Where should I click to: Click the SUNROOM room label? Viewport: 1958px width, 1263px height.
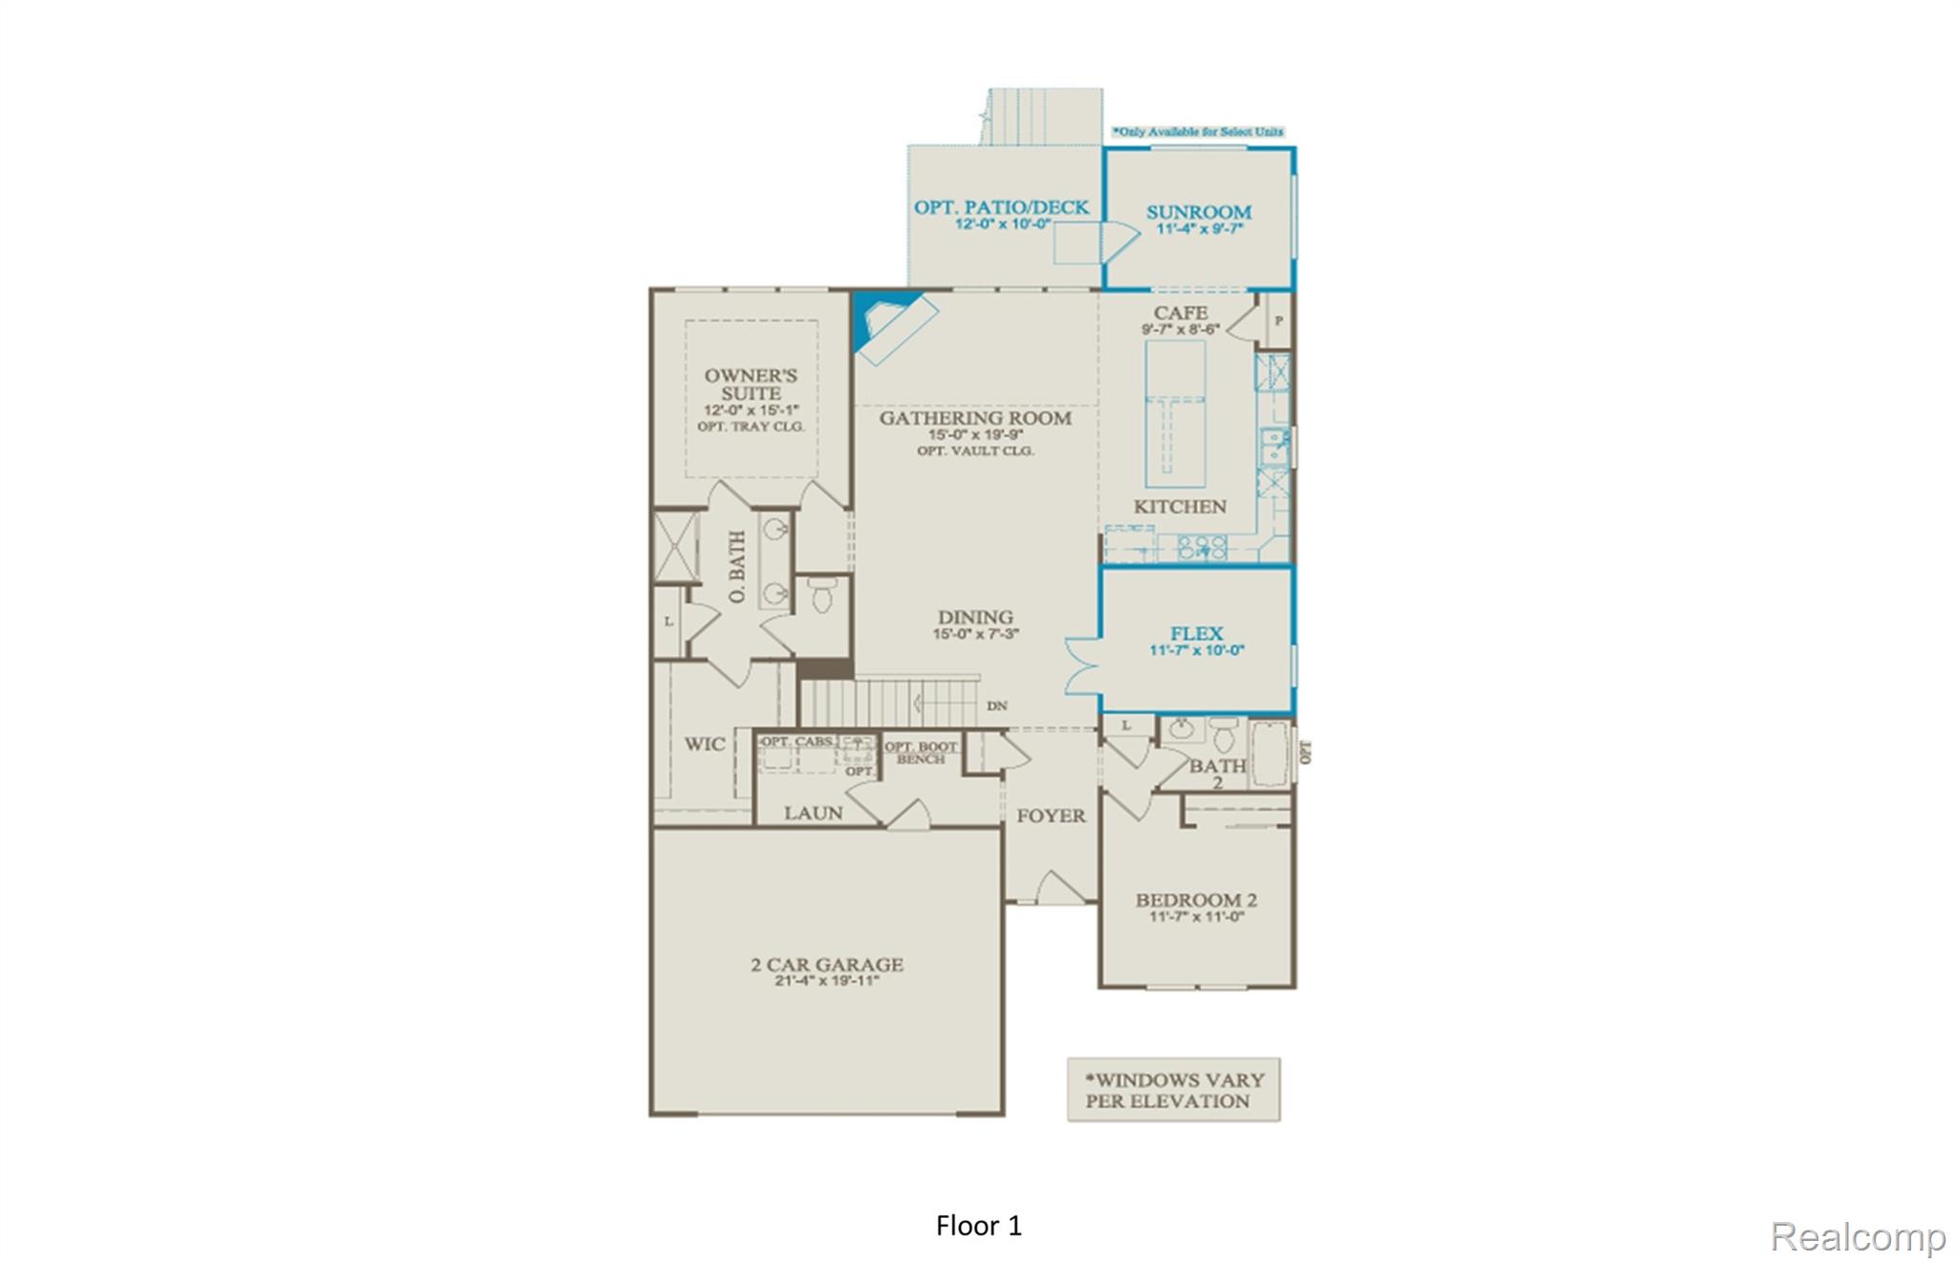(1198, 212)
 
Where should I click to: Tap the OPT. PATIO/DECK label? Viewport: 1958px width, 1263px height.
(1001, 207)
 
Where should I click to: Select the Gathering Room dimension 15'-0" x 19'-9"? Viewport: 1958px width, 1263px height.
(975, 435)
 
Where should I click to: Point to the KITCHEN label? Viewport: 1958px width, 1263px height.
(1179, 507)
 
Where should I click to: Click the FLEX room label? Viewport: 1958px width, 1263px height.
(1196, 634)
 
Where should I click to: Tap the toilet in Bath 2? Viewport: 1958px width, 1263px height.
(1225, 737)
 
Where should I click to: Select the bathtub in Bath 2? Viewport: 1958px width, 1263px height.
(1270, 754)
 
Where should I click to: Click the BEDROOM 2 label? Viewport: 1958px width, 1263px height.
(1196, 900)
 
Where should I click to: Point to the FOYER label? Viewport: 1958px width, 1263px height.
(1050, 816)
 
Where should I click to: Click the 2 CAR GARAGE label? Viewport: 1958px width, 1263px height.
(827, 965)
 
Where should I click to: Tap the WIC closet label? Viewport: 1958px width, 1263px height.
(704, 744)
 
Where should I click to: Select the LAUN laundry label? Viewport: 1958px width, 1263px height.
(813, 813)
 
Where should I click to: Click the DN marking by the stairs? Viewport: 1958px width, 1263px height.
(996, 706)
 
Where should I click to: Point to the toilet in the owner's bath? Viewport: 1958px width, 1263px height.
(822, 596)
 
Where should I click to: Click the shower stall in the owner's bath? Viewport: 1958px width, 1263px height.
(676, 547)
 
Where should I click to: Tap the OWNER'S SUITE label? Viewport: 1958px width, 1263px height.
(751, 384)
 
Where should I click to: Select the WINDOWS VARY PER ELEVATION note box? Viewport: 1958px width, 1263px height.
(1173, 1090)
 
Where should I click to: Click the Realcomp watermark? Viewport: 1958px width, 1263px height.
(1857, 1236)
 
